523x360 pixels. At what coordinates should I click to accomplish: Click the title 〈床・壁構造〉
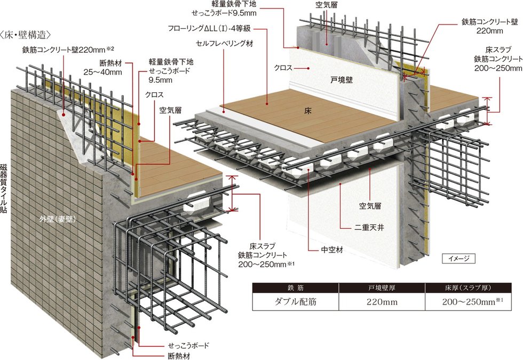[x=26, y=35]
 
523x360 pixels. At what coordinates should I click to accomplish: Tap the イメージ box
[x=458, y=258]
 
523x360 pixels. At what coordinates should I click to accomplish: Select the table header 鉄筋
[x=296, y=288]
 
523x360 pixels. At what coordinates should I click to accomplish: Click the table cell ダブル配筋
[x=296, y=302]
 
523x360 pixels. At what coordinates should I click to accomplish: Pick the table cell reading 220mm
[x=382, y=302]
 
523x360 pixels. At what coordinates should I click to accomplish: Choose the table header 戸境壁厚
[x=382, y=288]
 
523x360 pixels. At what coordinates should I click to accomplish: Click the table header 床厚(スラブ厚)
[x=468, y=288]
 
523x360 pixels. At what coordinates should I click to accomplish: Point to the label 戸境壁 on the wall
[x=342, y=80]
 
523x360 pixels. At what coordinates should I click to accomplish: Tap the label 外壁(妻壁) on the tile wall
[x=58, y=219]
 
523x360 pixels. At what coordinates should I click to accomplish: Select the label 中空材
[x=332, y=250]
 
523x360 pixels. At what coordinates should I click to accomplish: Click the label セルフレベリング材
[x=225, y=43]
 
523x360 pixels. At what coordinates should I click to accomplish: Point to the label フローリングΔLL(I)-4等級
[x=209, y=29]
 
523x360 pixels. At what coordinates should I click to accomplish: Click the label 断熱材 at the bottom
[x=179, y=356]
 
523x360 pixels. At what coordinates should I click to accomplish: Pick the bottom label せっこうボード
[x=189, y=345]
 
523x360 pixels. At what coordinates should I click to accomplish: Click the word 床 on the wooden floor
[x=307, y=111]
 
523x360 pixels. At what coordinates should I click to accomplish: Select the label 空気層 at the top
[x=327, y=5]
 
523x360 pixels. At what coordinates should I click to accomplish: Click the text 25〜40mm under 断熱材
[x=102, y=72]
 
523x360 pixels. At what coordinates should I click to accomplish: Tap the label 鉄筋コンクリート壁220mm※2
[x=68, y=50]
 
